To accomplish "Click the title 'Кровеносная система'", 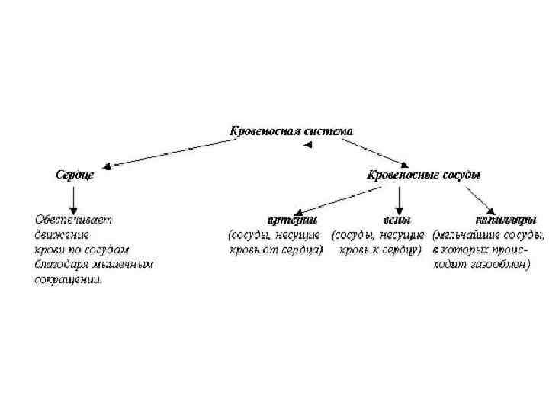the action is [x=292, y=131].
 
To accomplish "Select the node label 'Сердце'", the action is [x=74, y=175].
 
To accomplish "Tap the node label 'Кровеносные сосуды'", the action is [x=424, y=175].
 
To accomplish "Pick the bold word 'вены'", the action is [x=387, y=219].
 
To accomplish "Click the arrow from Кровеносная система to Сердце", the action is [x=167, y=153].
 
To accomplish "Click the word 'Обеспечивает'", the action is [x=72, y=219].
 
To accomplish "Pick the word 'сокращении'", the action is [x=67, y=280].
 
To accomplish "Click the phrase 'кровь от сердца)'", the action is [x=276, y=249].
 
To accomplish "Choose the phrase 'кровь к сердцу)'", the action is [x=379, y=249].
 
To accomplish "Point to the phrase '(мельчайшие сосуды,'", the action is [x=488, y=234].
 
